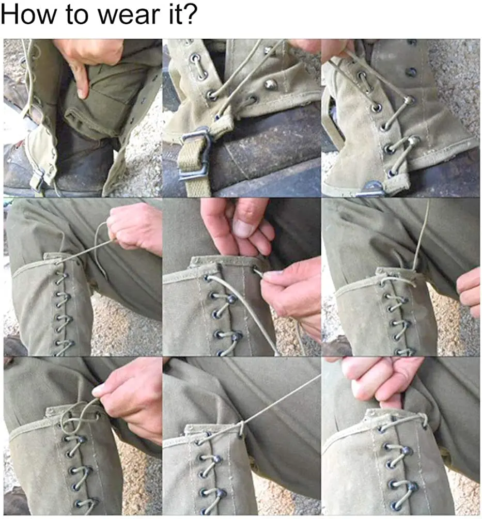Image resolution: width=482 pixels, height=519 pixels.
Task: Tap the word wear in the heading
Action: click(x=128, y=15)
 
